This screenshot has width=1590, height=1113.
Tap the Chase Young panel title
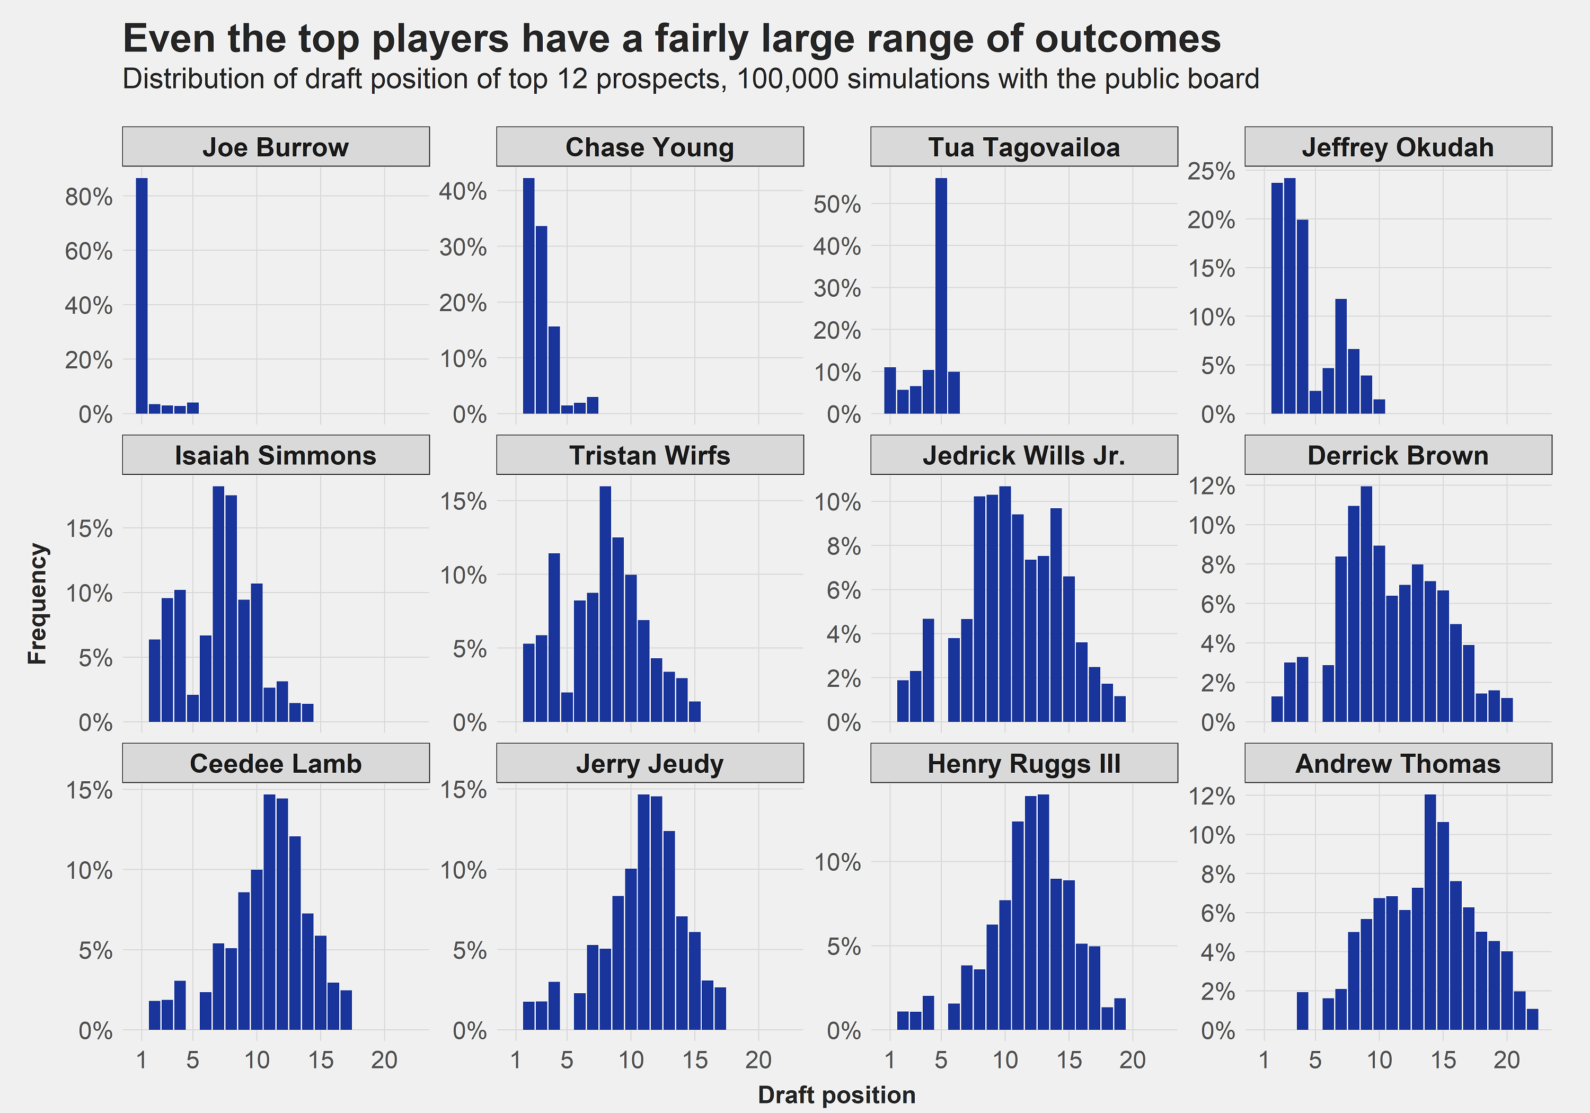[650, 147]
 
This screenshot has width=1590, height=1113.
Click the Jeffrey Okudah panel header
[1398, 147]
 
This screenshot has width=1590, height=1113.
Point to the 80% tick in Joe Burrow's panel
[89, 197]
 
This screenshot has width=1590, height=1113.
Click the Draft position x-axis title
[836, 1094]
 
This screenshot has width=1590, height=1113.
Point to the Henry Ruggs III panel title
[1023, 763]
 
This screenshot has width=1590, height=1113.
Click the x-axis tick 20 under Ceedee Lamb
[384, 1059]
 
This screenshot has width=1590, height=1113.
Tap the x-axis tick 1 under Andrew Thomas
[1265, 1059]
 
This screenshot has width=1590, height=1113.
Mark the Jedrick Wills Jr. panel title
[1023, 455]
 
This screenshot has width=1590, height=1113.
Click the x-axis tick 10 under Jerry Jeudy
[631, 1059]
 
